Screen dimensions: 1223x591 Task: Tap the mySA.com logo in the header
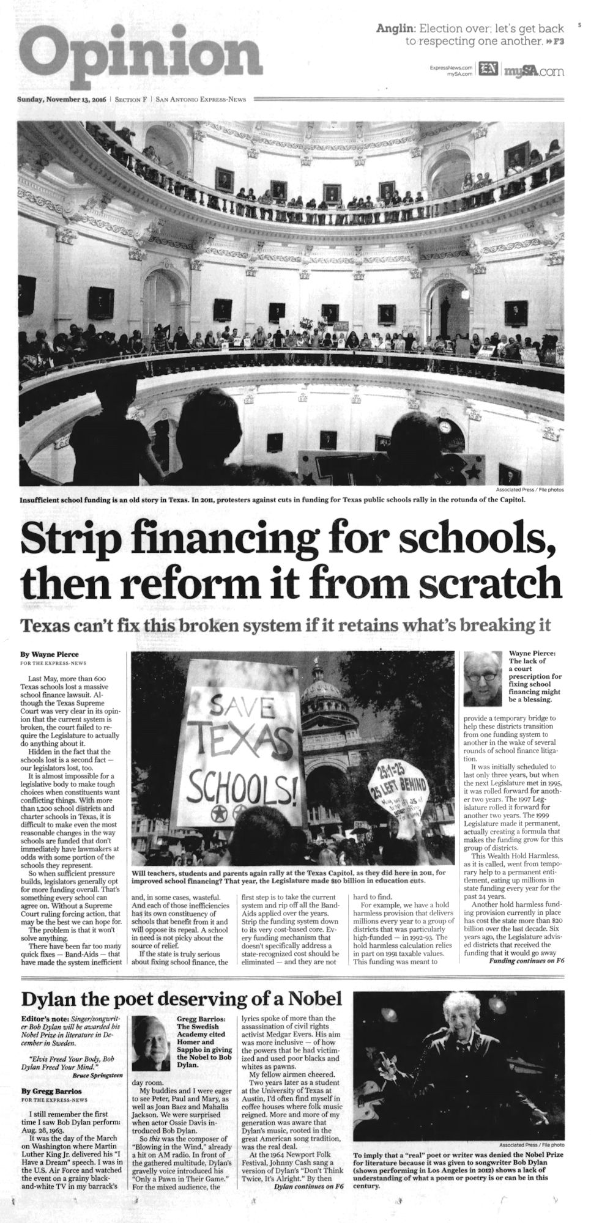click(533, 72)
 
